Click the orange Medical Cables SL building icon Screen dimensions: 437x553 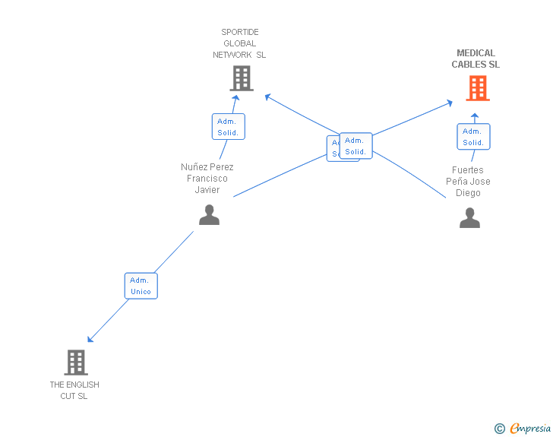[x=477, y=88]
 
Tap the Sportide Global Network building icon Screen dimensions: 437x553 [x=241, y=78]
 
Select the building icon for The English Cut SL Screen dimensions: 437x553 [x=76, y=362]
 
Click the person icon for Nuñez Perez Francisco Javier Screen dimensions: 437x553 [x=209, y=215]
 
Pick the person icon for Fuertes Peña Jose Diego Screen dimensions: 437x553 [x=469, y=218]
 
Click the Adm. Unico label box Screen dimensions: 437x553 [x=141, y=286]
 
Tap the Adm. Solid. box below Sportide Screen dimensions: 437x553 [x=228, y=126]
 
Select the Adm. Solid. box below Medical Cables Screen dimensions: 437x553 [x=473, y=137]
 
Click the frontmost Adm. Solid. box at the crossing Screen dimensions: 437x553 [x=355, y=145]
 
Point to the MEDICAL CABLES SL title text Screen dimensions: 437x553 [x=476, y=59]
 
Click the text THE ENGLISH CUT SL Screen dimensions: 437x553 [x=74, y=390]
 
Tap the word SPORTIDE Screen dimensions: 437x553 [x=240, y=32]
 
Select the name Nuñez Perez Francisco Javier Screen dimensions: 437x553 [x=207, y=179]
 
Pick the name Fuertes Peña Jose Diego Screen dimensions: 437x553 [x=468, y=182]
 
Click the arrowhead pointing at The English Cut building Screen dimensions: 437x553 [x=90, y=339]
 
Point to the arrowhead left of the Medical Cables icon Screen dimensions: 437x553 [x=450, y=103]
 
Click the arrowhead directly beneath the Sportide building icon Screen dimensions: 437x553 [x=235, y=97]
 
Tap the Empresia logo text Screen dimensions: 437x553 [x=530, y=429]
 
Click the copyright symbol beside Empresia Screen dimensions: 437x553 [x=500, y=429]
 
